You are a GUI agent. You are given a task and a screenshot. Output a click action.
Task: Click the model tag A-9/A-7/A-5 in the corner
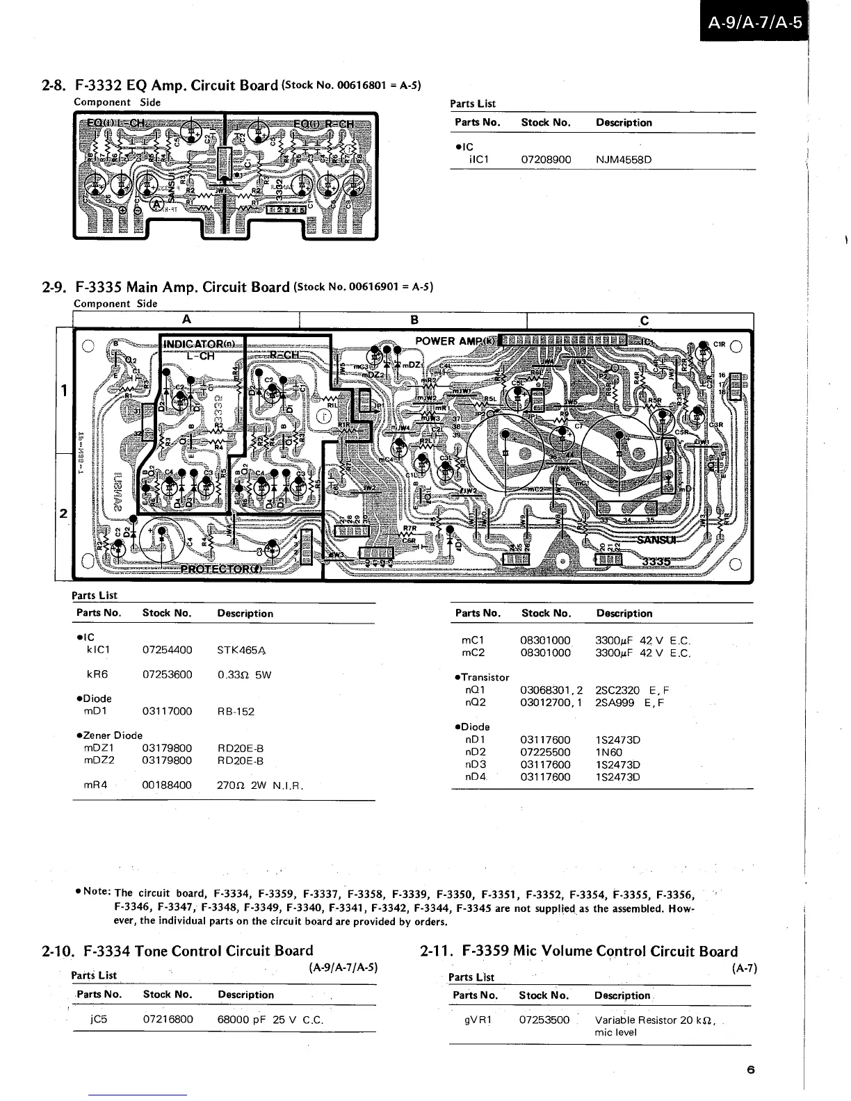click(x=754, y=23)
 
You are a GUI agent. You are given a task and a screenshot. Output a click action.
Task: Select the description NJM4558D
click(x=624, y=160)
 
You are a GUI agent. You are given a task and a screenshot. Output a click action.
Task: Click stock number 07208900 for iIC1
click(x=546, y=160)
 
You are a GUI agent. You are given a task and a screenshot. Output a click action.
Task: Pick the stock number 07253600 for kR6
click(x=167, y=675)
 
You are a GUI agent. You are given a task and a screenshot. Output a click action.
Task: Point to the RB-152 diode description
click(x=236, y=712)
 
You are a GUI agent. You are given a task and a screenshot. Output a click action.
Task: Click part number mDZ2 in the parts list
click(x=99, y=760)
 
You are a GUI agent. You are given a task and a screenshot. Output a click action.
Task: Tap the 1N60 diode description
click(x=609, y=752)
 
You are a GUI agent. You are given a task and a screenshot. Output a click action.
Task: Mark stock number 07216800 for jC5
click(x=168, y=1020)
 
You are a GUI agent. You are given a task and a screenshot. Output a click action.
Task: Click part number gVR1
click(x=478, y=1020)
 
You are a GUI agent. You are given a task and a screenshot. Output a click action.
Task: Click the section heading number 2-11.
click(x=437, y=952)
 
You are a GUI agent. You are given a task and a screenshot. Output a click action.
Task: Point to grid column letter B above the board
click(x=414, y=320)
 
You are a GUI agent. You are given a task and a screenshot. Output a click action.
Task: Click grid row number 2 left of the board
click(x=63, y=514)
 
